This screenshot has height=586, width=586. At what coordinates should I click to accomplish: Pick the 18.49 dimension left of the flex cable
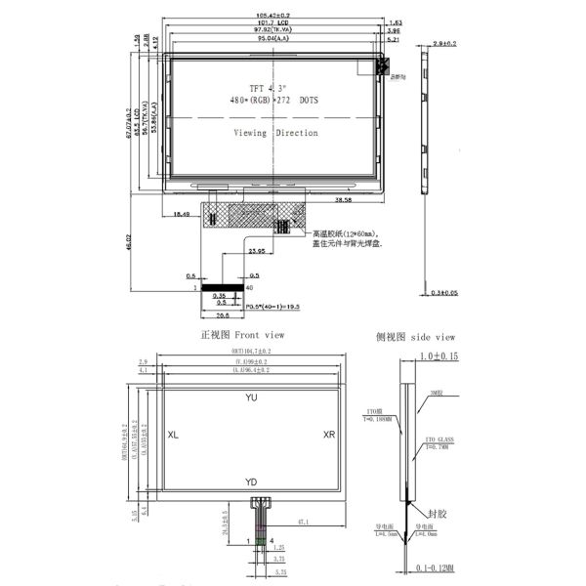point(182,212)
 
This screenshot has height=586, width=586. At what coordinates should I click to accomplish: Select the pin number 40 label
point(250,289)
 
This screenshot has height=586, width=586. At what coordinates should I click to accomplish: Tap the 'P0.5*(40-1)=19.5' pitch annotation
point(256,306)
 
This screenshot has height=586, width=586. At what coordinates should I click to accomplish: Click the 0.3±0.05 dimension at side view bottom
point(444,292)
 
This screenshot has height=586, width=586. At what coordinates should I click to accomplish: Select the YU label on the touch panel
point(252,398)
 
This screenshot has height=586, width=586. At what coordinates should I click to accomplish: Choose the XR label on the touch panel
point(329,435)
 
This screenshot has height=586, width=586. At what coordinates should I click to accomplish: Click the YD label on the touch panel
point(252,482)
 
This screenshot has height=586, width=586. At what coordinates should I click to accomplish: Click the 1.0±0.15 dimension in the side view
point(437,357)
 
